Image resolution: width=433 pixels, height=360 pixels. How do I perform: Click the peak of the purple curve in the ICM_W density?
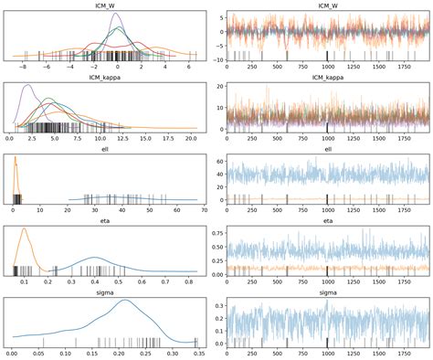coord(118,13)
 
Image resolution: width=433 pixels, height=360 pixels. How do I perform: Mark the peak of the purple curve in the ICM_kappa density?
coord(26,85)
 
